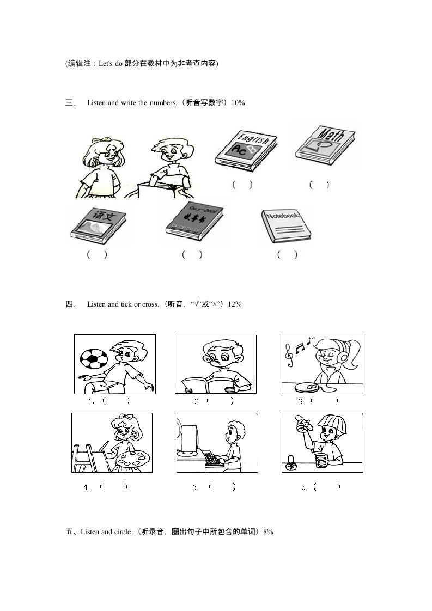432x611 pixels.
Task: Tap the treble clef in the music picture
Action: (x=290, y=357)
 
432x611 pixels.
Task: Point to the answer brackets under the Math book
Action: (x=319, y=185)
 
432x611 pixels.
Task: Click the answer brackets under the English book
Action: (x=242, y=185)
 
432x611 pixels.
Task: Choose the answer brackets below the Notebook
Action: (x=287, y=254)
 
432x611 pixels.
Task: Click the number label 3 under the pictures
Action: (x=301, y=401)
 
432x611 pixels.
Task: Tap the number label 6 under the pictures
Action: (x=304, y=487)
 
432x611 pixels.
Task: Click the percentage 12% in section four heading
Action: (x=235, y=304)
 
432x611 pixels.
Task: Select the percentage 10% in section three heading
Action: (x=238, y=102)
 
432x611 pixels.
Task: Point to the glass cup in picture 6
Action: (x=320, y=460)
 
